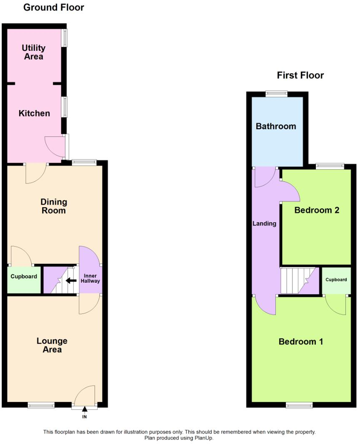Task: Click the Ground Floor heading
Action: pos(53,8)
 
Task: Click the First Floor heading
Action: pos(300,75)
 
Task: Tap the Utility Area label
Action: pos(34,53)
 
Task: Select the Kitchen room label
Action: pos(34,113)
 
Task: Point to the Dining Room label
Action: pos(54,206)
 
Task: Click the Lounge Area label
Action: pos(52,345)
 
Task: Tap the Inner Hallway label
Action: pos(92,278)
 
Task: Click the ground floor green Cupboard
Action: pos(24,277)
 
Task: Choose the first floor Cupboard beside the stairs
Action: pos(336,280)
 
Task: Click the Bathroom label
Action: pos(276,126)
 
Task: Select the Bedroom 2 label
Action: pos(317,210)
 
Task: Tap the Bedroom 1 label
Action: pos(301,342)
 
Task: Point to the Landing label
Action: pos(265,223)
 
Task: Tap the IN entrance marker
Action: pos(85,416)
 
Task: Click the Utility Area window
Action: pos(65,38)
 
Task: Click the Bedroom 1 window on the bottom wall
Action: pos(299,404)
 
